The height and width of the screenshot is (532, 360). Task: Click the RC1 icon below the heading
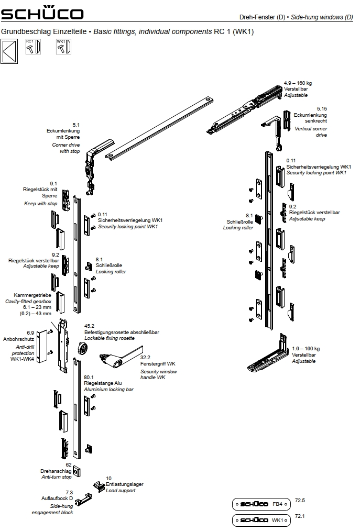[33, 47]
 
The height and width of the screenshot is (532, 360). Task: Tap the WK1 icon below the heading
[63, 47]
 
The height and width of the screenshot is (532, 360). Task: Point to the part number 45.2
[89, 326]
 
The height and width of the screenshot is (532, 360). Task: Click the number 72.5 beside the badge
[300, 501]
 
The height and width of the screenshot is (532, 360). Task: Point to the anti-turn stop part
[77, 471]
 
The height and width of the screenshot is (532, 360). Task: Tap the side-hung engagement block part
[81, 502]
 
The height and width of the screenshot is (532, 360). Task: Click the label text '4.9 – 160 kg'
[298, 83]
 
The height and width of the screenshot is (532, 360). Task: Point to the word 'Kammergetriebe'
[33, 295]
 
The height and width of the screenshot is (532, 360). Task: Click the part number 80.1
[89, 376]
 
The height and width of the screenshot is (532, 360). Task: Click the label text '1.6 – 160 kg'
[306, 349]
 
